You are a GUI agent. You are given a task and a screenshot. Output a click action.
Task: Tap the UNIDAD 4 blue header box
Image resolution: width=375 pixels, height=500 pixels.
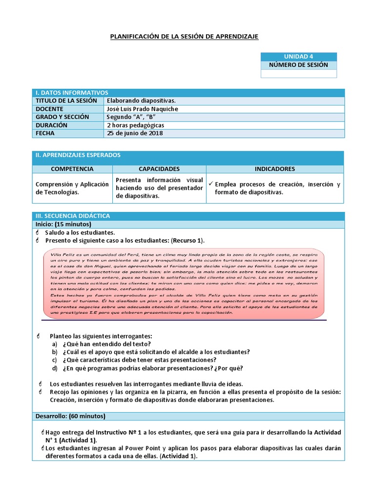[298, 57]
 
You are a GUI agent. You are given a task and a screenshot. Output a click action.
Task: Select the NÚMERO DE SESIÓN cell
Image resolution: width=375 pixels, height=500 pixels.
[298, 65]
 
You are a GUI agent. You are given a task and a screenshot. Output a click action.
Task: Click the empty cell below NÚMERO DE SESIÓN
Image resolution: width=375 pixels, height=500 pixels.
[298, 74]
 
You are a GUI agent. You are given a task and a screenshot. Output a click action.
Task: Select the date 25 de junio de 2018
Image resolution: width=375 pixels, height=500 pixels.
[135, 133]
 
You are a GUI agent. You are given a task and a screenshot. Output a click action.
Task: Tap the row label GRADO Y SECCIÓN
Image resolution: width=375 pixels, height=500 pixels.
[62, 117]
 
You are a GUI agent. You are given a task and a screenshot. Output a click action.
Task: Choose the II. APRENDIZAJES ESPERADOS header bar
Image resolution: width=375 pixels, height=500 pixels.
[78, 155]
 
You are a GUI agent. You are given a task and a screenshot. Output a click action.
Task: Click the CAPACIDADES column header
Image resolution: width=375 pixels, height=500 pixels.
[159, 169]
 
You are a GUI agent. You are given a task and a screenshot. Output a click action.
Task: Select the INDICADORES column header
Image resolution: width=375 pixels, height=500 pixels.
[275, 169]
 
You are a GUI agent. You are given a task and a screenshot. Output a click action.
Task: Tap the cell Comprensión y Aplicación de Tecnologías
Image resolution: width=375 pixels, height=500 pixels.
[72, 188]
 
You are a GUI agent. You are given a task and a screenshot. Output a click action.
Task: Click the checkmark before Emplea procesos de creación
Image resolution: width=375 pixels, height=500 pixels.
[210, 184]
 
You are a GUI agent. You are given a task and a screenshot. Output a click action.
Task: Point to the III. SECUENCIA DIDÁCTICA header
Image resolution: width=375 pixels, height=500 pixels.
[73, 216]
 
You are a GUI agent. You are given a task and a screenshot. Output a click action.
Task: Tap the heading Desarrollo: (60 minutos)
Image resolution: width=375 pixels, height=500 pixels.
[70, 416]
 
